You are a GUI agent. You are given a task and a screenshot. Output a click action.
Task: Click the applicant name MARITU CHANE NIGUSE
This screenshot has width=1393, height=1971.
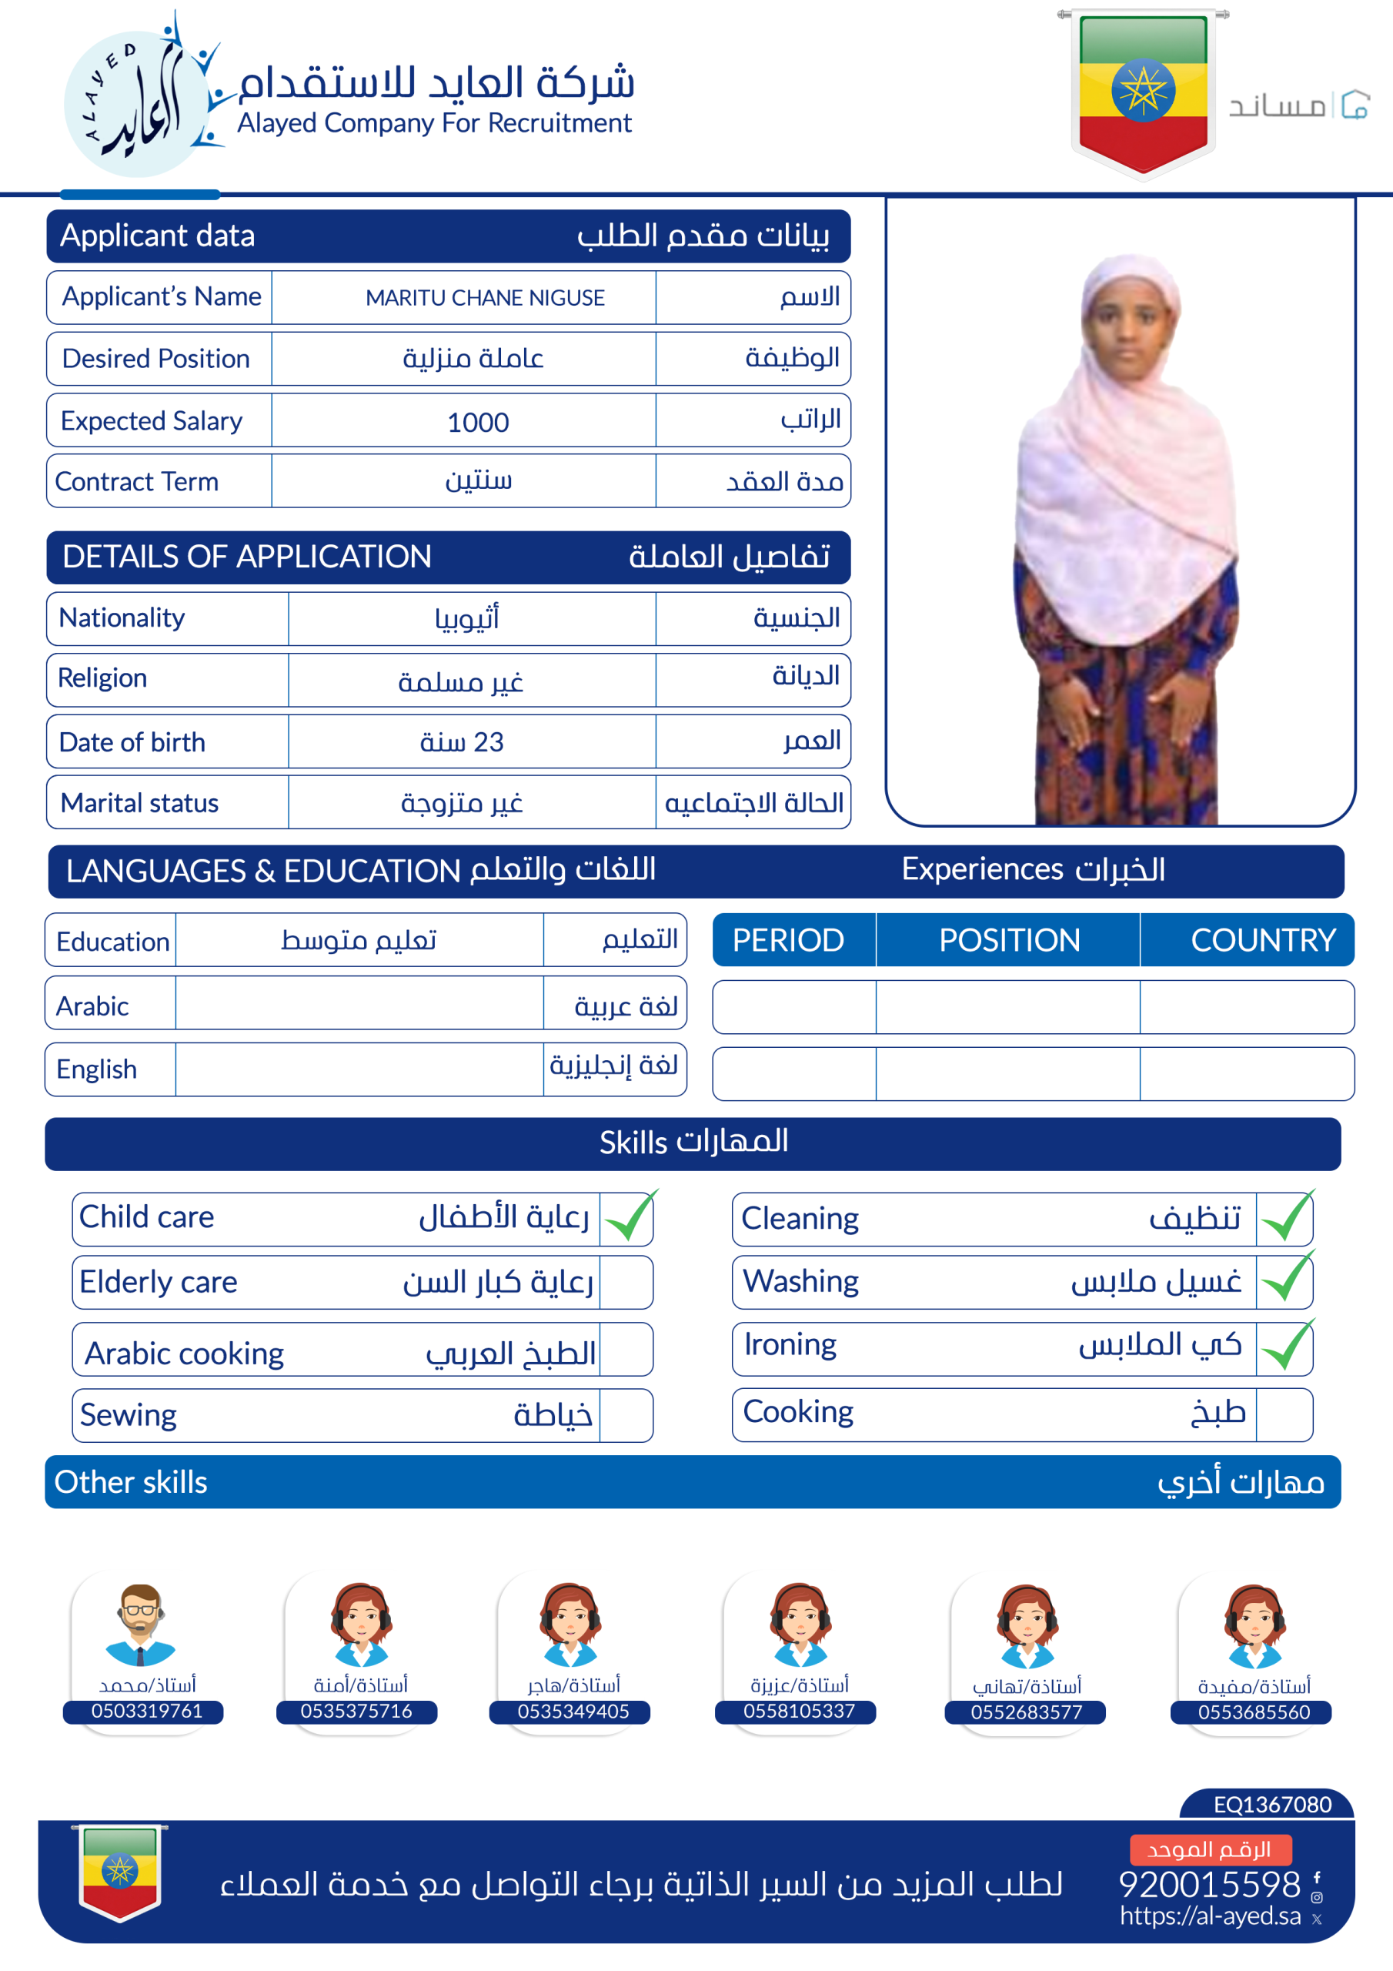(485, 298)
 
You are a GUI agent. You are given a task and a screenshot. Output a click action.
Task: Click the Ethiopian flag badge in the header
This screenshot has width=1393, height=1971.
(1142, 90)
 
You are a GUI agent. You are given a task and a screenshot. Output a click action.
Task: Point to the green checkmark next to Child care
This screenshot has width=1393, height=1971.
(629, 1217)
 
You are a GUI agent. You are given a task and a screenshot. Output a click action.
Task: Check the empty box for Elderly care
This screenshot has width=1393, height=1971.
(626, 1283)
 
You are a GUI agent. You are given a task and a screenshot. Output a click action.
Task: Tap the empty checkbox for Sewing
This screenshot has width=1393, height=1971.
(626, 1416)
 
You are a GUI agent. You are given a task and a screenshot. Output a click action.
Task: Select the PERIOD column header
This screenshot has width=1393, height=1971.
(788, 940)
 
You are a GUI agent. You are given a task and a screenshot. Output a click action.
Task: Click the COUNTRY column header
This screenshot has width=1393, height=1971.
(1262, 940)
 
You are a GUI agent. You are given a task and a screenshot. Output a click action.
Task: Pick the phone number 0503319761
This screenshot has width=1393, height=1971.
(147, 1711)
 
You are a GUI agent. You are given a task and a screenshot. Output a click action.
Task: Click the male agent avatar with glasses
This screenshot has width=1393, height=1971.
(140, 1625)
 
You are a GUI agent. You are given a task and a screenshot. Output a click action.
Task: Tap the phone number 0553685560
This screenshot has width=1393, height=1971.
(1254, 1712)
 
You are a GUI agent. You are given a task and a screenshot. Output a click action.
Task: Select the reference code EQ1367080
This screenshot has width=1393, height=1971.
(1272, 1805)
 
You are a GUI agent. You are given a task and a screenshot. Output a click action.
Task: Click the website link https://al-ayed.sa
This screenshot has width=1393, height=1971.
(1210, 1916)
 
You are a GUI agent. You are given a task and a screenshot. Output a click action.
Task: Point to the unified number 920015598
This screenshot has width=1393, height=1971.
(1209, 1884)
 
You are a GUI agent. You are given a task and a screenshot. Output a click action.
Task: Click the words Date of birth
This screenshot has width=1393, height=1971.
(132, 742)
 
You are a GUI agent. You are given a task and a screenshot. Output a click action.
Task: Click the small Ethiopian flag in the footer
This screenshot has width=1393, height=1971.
(120, 1872)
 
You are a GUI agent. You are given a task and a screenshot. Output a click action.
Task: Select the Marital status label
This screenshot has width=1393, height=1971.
(140, 804)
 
